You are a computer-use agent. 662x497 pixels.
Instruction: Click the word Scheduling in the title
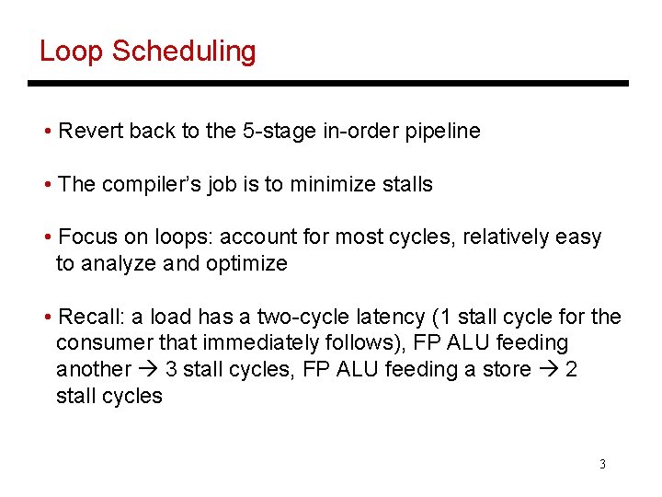tap(183, 52)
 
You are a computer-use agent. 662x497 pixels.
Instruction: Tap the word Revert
tap(91, 131)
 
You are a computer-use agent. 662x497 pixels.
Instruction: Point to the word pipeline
tap(439, 131)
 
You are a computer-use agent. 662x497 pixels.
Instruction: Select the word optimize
tap(246, 264)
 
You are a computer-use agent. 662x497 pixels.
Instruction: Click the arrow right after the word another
tap(148, 370)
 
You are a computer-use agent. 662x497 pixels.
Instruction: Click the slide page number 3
tap(602, 464)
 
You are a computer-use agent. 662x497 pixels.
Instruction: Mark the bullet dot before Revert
tap(47, 132)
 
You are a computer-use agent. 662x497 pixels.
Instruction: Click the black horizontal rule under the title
tap(327, 84)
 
